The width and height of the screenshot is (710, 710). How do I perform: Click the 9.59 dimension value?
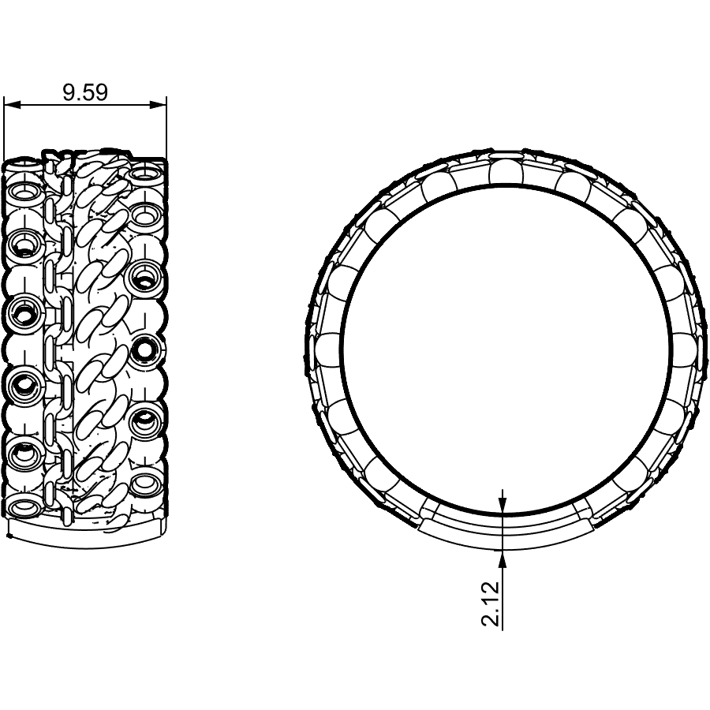[x=85, y=92]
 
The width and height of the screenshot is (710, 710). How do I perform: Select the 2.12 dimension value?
[x=491, y=603]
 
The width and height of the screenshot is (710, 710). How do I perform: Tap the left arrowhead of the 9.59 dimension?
[x=13, y=105]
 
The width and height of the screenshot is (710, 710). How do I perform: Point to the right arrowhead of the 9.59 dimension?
[x=158, y=105]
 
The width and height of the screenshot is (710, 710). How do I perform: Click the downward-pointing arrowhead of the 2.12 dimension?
[x=503, y=506]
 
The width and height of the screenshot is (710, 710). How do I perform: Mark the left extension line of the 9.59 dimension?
[x=4, y=129]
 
